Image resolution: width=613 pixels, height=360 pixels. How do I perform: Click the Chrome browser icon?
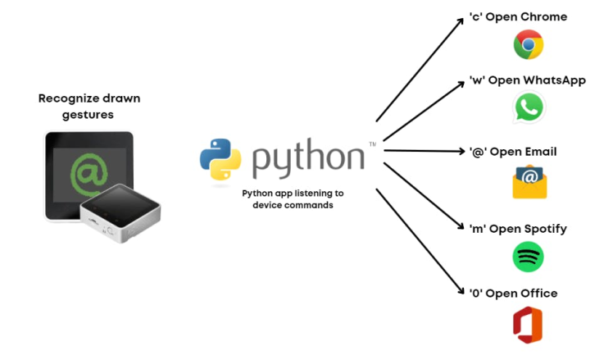(x=529, y=44)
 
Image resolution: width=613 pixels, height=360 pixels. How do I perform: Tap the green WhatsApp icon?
(x=529, y=107)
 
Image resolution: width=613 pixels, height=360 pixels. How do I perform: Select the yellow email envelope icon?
(x=529, y=181)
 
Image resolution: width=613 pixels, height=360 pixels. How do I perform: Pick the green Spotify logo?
(x=528, y=257)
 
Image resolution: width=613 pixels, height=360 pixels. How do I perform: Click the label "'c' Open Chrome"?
(x=517, y=16)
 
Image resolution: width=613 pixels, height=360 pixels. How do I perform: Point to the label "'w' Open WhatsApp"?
(x=526, y=80)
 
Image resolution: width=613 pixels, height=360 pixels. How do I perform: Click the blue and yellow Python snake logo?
(x=220, y=157)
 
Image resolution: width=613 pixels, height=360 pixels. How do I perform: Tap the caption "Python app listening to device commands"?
(x=293, y=198)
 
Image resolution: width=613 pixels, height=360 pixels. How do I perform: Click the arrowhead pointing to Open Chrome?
(x=459, y=22)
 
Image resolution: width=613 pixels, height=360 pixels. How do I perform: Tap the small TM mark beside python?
(x=372, y=144)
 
